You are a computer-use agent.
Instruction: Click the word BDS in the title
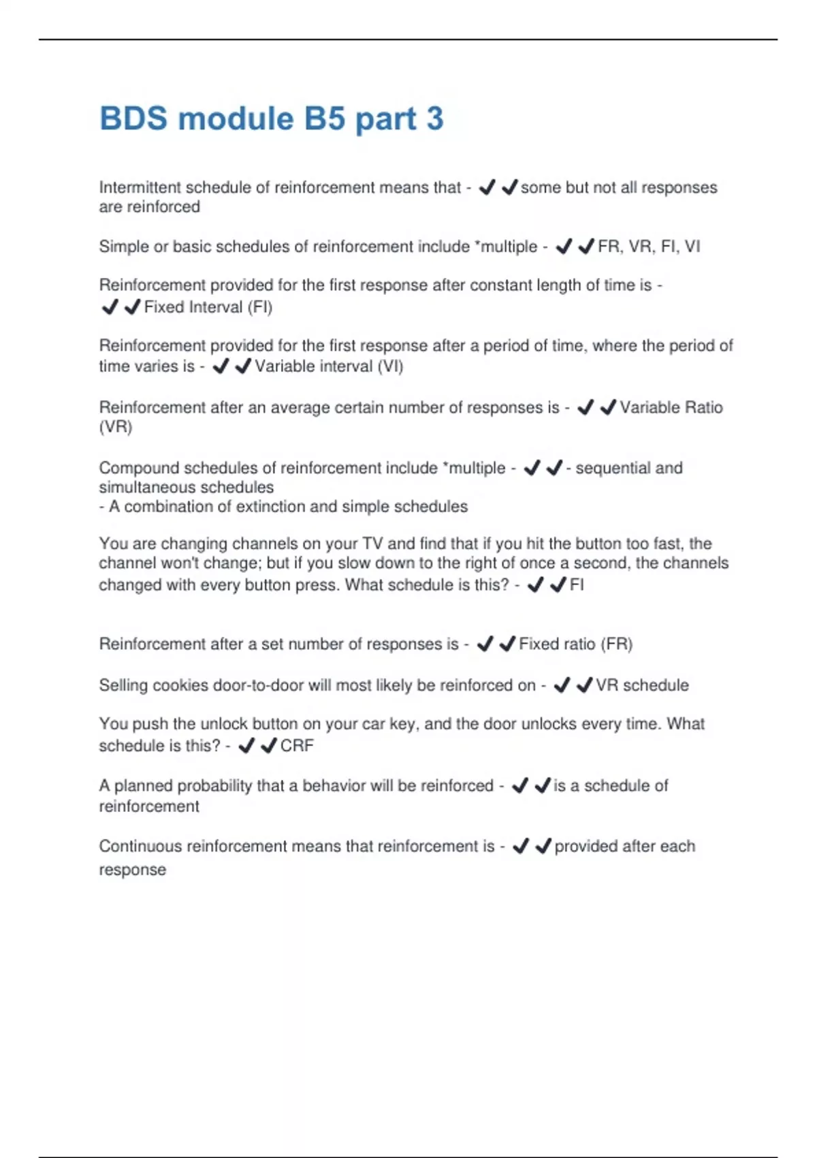point(133,119)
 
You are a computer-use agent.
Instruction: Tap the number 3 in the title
point(434,119)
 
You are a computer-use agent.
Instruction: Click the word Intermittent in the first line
point(140,187)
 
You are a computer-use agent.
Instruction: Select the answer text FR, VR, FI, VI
point(648,247)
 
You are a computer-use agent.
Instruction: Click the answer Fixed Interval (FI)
point(208,307)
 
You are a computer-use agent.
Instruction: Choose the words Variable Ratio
point(671,407)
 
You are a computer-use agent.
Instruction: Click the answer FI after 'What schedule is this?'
point(576,585)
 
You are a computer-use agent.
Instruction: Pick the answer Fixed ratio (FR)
point(575,644)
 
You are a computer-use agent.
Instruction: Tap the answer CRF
point(297,746)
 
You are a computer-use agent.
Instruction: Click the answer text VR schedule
point(642,685)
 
